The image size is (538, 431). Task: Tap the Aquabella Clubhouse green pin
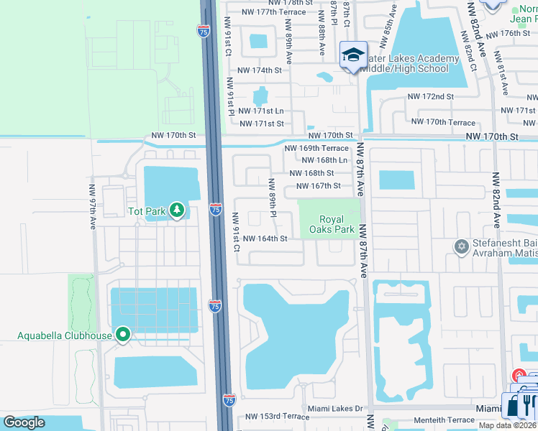click(123, 335)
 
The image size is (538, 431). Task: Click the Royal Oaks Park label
click(332, 225)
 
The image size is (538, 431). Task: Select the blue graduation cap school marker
click(353, 55)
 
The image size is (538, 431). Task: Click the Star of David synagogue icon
click(461, 247)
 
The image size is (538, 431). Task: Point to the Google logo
click(24, 422)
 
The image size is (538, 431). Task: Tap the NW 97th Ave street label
click(93, 207)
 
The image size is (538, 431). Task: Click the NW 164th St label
click(265, 238)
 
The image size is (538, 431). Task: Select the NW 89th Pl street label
click(272, 198)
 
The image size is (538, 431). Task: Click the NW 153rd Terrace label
click(277, 417)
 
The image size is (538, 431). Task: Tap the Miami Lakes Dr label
click(334, 409)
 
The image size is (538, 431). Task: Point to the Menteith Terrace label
click(433, 420)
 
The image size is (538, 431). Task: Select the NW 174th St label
click(261, 70)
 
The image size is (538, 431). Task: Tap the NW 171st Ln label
click(261, 111)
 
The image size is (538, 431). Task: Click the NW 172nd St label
click(430, 96)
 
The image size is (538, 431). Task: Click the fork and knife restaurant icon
click(529, 404)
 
